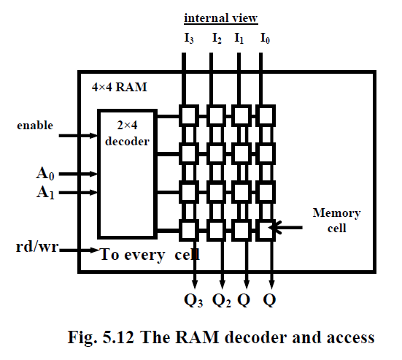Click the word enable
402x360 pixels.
[x=34, y=126]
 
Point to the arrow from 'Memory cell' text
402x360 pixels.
[x=288, y=229]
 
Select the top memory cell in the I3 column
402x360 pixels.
[x=189, y=115]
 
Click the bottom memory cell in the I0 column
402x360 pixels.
[x=266, y=229]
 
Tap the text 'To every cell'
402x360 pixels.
[x=150, y=255]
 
